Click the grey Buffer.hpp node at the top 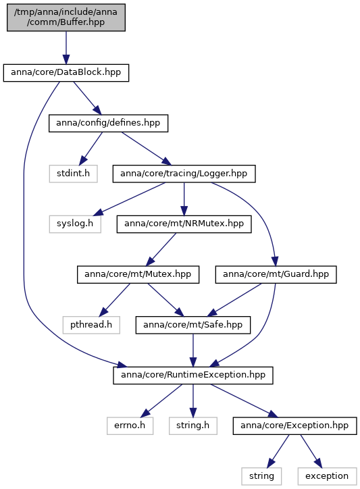click(x=66, y=18)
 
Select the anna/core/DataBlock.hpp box click(x=66, y=73)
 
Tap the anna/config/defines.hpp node click(x=108, y=124)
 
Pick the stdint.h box click(x=74, y=174)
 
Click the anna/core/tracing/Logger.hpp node click(x=184, y=174)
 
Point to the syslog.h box click(x=75, y=224)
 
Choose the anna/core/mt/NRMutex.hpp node click(x=184, y=224)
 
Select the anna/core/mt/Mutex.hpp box click(x=138, y=274)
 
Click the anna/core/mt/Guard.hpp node click(x=276, y=274)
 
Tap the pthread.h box click(x=91, y=325)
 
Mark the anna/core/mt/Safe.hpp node click(x=192, y=325)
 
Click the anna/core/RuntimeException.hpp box click(x=192, y=376)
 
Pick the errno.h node click(x=130, y=426)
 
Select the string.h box click(x=192, y=426)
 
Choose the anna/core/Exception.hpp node click(x=294, y=426)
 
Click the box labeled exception click(x=327, y=476)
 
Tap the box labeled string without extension click(x=261, y=476)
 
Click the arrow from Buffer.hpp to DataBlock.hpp click(x=66, y=48)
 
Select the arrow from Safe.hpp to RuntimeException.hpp click(x=192, y=351)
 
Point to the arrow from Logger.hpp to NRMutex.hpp click(x=184, y=199)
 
